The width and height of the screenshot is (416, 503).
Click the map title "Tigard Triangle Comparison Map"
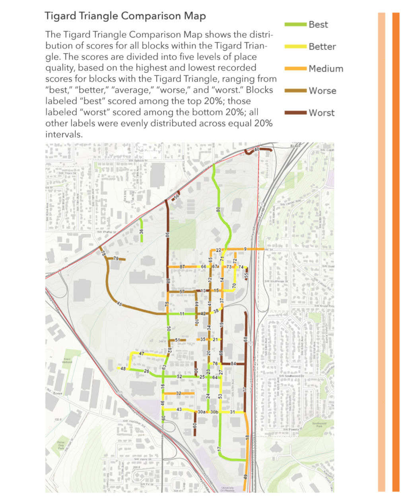[x=125, y=16]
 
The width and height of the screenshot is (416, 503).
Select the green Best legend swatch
[x=295, y=25]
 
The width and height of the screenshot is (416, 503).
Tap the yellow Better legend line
[x=295, y=47]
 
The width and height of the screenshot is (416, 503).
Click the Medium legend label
[x=326, y=69]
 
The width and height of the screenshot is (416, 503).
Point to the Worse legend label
[x=322, y=91]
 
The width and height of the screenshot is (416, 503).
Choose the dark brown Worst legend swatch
[x=295, y=113]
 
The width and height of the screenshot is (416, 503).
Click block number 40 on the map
[x=257, y=149]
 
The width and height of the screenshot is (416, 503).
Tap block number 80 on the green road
[x=218, y=209]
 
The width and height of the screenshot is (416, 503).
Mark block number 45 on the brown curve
[x=119, y=304]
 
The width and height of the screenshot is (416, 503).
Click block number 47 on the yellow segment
[x=142, y=353]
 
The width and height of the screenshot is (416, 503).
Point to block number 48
[x=123, y=369]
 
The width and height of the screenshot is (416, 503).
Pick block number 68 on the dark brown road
[x=246, y=339]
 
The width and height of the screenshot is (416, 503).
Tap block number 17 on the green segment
[x=219, y=449]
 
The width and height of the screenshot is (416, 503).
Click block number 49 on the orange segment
[x=245, y=476]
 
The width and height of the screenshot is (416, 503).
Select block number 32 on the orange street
[x=179, y=393]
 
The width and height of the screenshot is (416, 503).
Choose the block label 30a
[x=202, y=412]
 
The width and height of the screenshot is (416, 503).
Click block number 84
[x=233, y=364]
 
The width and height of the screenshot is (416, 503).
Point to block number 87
[x=183, y=267]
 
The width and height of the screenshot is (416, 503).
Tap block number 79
[x=116, y=259]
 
